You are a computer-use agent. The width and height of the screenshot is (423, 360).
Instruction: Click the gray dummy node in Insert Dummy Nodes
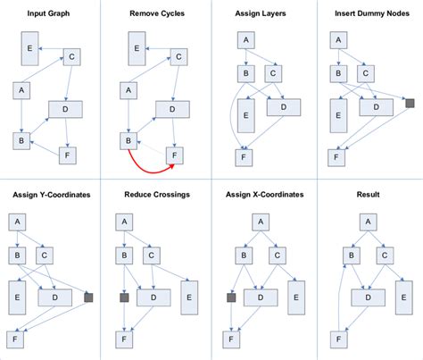point(410,104)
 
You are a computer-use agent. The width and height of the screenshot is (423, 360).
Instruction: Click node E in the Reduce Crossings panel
point(187,293)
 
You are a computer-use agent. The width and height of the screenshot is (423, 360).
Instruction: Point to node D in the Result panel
point(369,295)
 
